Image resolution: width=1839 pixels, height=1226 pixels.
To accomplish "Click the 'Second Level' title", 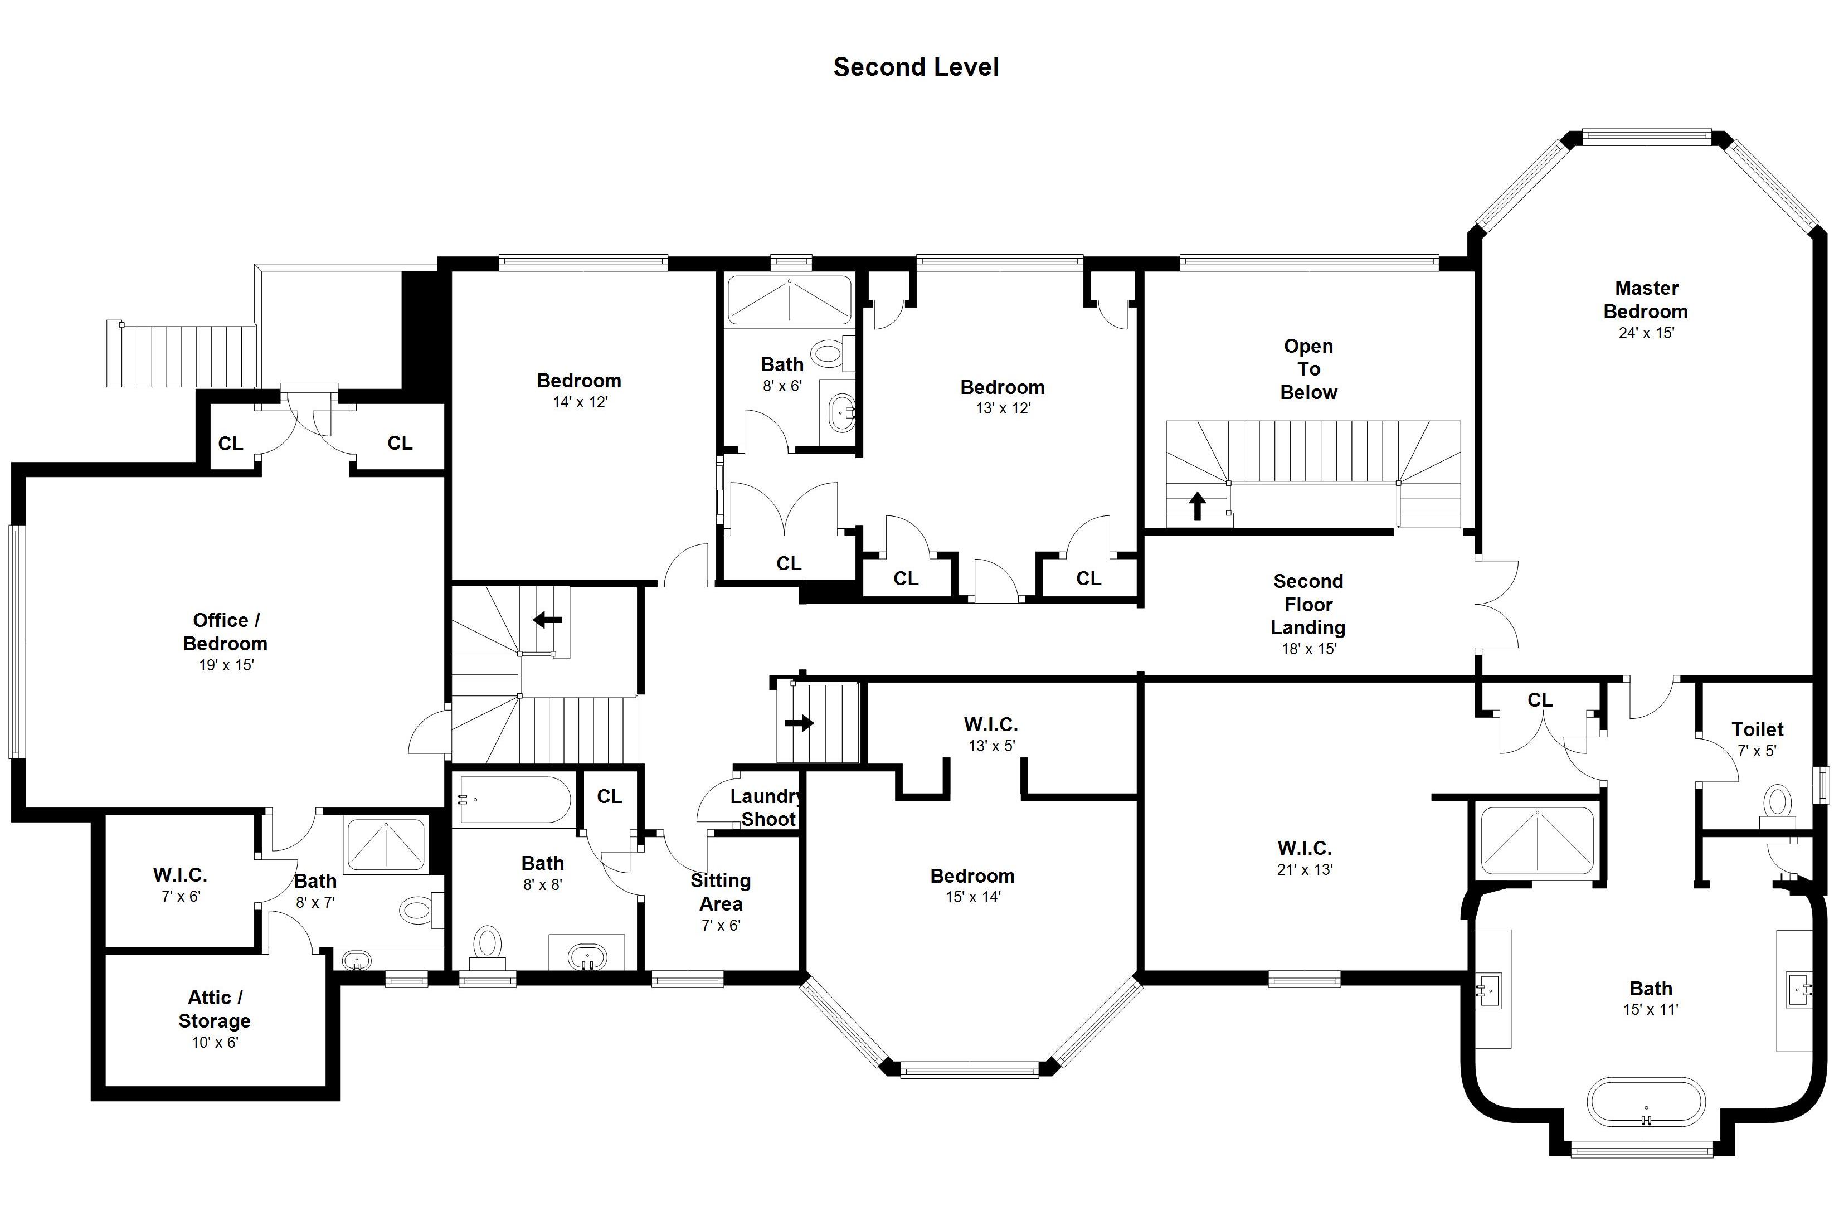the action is pyautogui.click(x=916, y=67).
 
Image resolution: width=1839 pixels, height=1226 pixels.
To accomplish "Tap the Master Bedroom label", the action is pyautogui.click(x=1646, y=299).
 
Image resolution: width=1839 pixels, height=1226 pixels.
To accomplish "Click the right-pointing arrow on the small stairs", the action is pyautogui.click(x=799, y=723).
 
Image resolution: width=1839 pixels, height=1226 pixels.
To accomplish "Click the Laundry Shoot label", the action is pyautogui.click(x=767, y=807).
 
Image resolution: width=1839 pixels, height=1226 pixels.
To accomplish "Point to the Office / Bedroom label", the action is pyautogui.click(x=225, y=632).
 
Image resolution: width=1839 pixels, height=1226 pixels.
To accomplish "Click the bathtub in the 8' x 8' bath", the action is pyautogui.click(x=515, y=800).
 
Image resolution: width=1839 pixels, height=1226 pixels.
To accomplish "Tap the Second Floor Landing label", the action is pyautogui.click(x=1308, y=605).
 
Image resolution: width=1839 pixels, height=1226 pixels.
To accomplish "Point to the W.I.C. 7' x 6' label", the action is pyautogui.click(x=181, y=884).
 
